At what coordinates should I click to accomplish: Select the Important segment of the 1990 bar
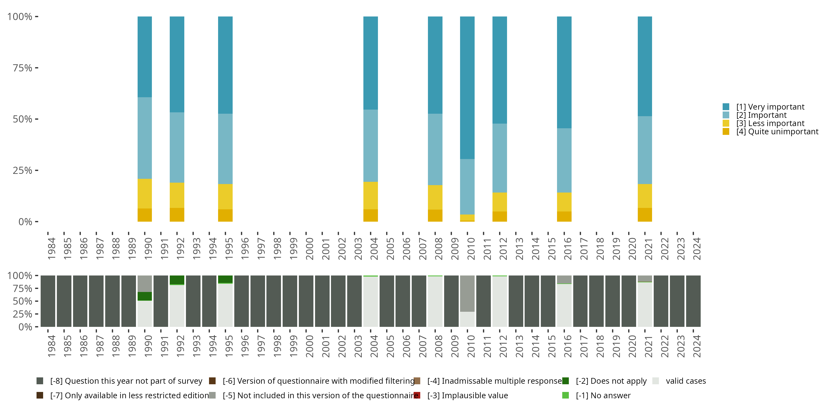click(144, 138)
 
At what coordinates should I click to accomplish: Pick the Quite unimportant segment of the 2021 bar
click(645, 215)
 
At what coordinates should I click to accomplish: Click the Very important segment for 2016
click(564, 72)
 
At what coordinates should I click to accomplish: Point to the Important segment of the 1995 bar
click(225, 149)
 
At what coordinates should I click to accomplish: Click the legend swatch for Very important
click(726, 107)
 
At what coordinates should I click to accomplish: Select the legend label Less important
click(770, 124)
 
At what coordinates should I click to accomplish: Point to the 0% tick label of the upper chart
click(25, 222)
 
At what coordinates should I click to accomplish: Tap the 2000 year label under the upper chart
click(309, 249)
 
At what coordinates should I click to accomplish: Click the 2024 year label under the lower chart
click(696, 346)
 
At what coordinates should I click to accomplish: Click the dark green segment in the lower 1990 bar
click(144, 296)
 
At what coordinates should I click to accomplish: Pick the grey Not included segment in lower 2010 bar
click(467, 293)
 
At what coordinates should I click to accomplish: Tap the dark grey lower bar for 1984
click(48, 301)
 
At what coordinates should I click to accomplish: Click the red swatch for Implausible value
click(417, 395)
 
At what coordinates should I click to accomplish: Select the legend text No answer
click(603, 395)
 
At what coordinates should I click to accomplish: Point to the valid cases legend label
click(686, 381)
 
